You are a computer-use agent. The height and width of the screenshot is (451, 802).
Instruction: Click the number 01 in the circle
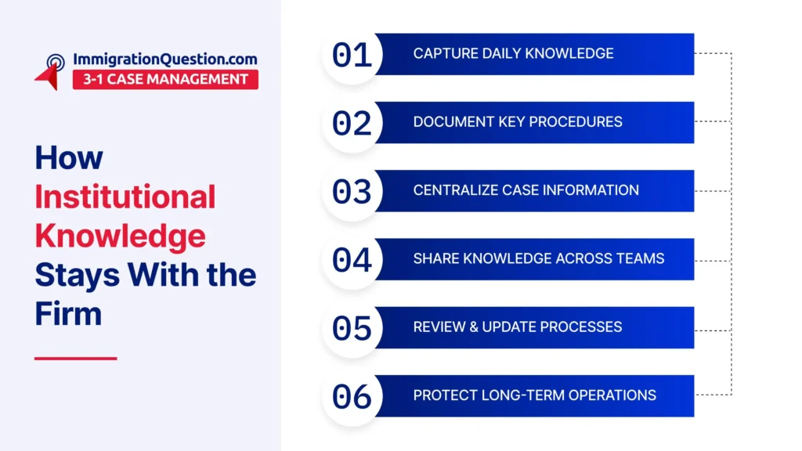(x=352, y=55)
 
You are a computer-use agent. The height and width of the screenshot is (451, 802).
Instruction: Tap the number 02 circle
(x=352, y=123)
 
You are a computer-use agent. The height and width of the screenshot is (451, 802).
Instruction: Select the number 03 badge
(x=352, y=192)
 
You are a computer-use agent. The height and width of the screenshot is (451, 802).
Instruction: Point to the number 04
(x=352, y=260)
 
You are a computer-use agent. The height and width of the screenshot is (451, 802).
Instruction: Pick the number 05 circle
(x=352, y=328)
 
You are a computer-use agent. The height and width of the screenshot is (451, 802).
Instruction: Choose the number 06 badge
(x=352, y=397)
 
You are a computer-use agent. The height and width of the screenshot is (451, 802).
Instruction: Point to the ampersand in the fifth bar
(x=473, y=327)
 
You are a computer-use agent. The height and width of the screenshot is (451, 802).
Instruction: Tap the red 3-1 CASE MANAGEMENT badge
(x=165, y=79)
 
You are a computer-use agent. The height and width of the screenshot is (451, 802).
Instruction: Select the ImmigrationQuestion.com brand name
(x=164, y=60)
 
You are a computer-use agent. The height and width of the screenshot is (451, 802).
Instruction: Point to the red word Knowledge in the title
(x=120, y=236)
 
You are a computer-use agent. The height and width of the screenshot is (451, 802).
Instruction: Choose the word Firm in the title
(x=68, y=313)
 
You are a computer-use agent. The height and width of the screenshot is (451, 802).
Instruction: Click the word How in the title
(x=69, y=157)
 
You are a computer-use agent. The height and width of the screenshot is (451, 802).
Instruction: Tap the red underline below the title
(x=76, y=359)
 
